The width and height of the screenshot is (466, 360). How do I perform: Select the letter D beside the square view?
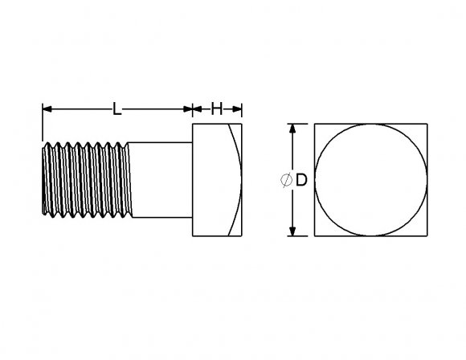point(301,180)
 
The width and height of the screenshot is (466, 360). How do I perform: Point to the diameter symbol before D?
point(287,181)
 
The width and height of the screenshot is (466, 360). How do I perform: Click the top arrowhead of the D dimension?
point(293,128)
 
